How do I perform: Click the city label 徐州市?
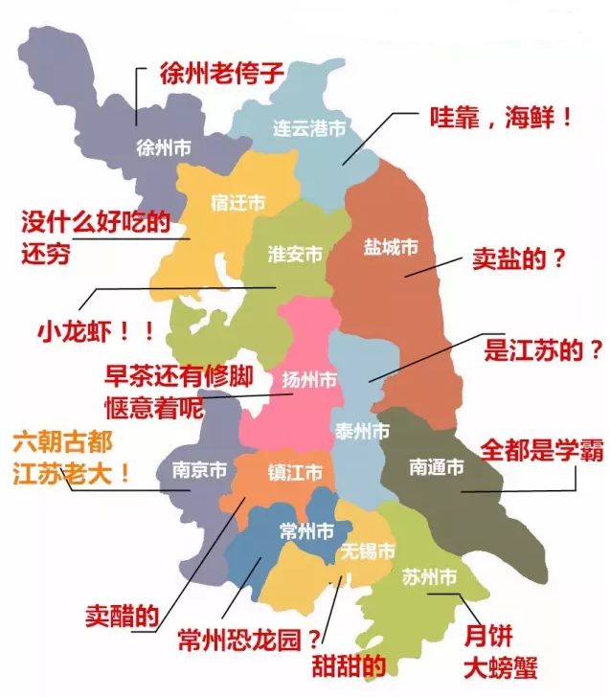coord(165,148)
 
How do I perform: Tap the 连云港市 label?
coord(308,127)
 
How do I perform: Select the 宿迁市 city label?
coord(237,203)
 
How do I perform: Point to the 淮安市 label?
coord(295,255)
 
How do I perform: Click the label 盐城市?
coord(391,246)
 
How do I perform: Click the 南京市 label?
coord(199,471)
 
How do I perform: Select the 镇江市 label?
coord(294,473)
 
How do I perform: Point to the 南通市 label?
coord(436,467)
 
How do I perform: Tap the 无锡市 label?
coord(368,551)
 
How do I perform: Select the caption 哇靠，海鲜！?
coord(501,119)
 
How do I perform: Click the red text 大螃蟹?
coord(501,666)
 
